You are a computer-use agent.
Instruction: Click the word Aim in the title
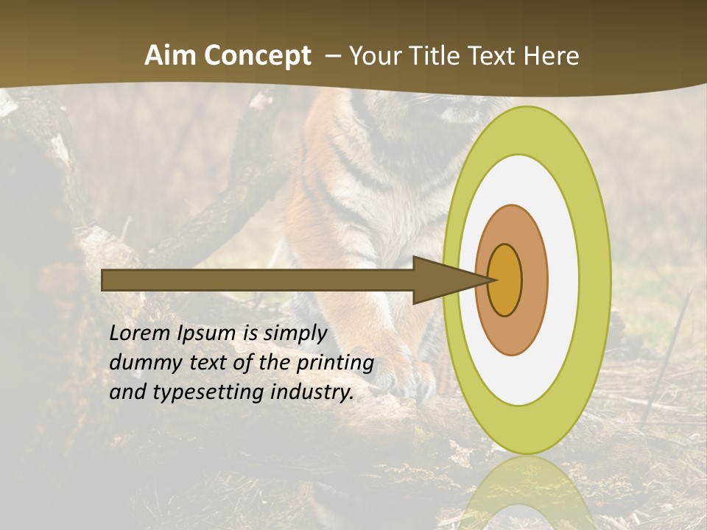[172, 55]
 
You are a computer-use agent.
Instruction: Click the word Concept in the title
[256, 55]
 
